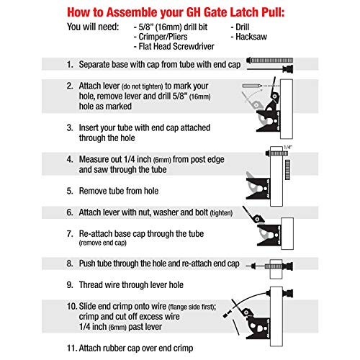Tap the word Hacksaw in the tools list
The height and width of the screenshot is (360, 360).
pyautogui.click(x=251, y=37)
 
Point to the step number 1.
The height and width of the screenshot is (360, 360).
pyautogui.click(x=70, y=64)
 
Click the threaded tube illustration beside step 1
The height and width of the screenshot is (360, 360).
pyautogui.click(x=270, y=60)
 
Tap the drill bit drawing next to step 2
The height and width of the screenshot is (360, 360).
pyautogui.click(x=252, y=86)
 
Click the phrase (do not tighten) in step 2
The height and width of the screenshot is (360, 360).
pyautogui.click(x=142, y=86)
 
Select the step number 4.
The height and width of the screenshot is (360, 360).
pyautogui.click(x=70, y=159)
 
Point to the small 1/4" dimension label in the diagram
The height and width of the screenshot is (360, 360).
pyautogui.click(x=288, y=147)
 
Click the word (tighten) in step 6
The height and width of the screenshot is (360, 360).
pyautogui.click(x=221, y=213)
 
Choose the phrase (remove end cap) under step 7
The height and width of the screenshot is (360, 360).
pyautogui.click(x=103, y=243)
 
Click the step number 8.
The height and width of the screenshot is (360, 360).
pyautogui.click(x=70, y=264)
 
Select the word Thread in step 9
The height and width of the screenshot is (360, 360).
pyautogui.click(x=91, y=285)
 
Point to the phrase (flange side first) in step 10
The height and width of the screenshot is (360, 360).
pyautogui.click(x=192, y=307)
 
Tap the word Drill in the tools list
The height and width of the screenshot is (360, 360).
pyautogui.click(x=242, y=27)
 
